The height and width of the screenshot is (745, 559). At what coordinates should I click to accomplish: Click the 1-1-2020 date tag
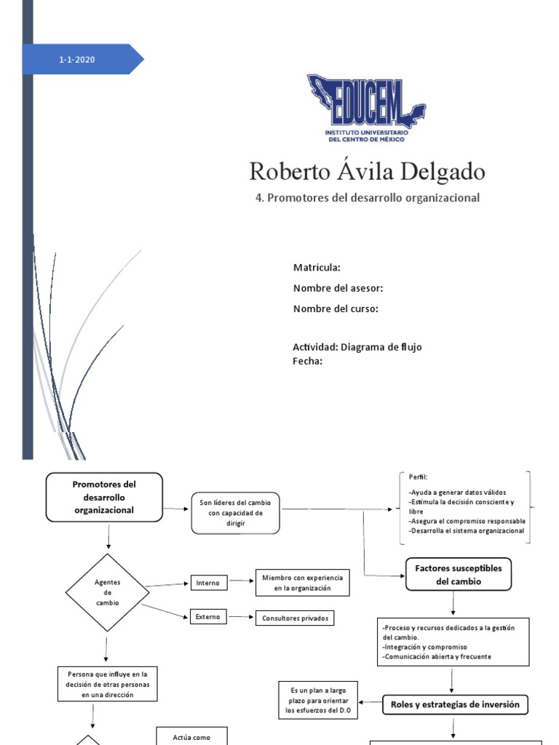click(77, 60)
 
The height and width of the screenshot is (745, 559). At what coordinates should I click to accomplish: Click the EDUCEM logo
click(366, 108)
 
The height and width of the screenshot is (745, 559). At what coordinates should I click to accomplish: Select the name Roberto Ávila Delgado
click(367, 172)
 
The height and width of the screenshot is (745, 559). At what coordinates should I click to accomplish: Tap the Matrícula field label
click(317, 268)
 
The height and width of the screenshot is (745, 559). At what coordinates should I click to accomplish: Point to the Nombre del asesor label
click(338, 288)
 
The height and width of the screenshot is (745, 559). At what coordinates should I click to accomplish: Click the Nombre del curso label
click(336, 308)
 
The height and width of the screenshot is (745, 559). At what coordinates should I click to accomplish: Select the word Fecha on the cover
click(307, 361)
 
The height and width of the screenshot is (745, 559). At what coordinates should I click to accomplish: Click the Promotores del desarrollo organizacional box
click(104, 497)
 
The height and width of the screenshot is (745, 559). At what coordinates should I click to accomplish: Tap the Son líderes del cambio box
click(235, 512)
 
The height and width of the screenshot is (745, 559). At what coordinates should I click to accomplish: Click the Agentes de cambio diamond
click(107, 593)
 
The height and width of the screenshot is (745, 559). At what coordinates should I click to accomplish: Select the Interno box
click(208, 583)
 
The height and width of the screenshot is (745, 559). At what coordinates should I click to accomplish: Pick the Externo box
click(208, 617)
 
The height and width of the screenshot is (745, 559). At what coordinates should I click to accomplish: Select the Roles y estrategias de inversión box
click(455, 704)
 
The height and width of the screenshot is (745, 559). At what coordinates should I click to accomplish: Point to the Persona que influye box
click(107, 685)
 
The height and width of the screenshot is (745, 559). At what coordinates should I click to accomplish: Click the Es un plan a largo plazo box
click(319, 701)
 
